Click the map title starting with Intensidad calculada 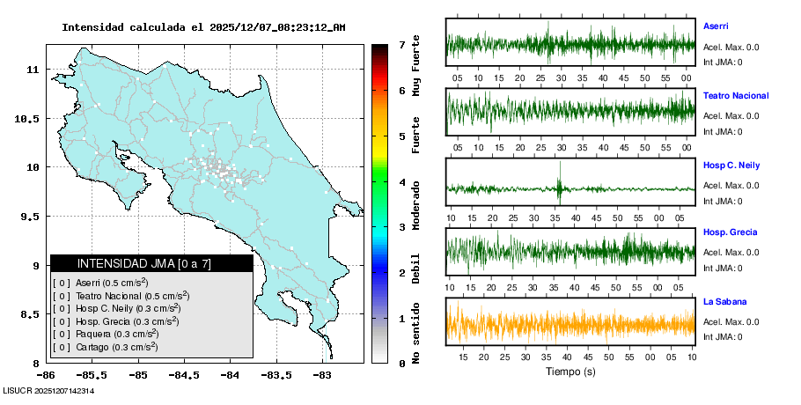[x=203, y=27]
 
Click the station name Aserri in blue [x=716, y=26]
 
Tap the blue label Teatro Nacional [x=736, y=96]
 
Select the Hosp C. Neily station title [x=731, y=166]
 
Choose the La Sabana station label [x=724, y=302]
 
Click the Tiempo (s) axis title [x=570, y=372]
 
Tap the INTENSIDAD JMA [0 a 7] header [x=151, y=263]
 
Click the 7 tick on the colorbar [x=401, y=44]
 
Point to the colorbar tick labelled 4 [x=401, y=182]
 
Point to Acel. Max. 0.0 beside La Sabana [x=731, y=321]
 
